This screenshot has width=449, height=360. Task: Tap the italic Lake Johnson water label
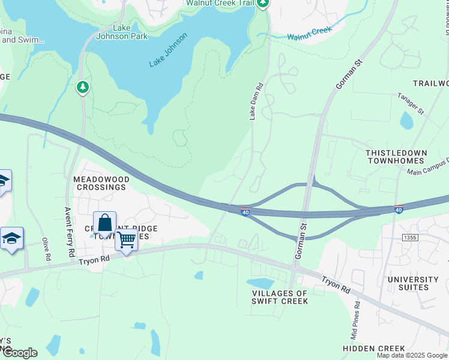[168, 50]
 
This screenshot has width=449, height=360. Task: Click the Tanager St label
[411, 103]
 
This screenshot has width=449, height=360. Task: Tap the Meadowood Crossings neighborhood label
[100, 183]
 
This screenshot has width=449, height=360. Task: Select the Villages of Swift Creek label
[280, 297]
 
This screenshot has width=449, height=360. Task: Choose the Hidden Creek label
[373, 349]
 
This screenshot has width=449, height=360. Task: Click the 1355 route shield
[411, 238]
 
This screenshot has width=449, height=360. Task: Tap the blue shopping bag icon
[104, 223]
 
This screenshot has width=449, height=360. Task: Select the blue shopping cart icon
[127, 240]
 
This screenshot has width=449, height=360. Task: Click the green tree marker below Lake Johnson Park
[83, 88]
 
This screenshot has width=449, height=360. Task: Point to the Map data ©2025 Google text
[412, 356]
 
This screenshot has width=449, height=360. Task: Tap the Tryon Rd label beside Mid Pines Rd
[336, 284]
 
